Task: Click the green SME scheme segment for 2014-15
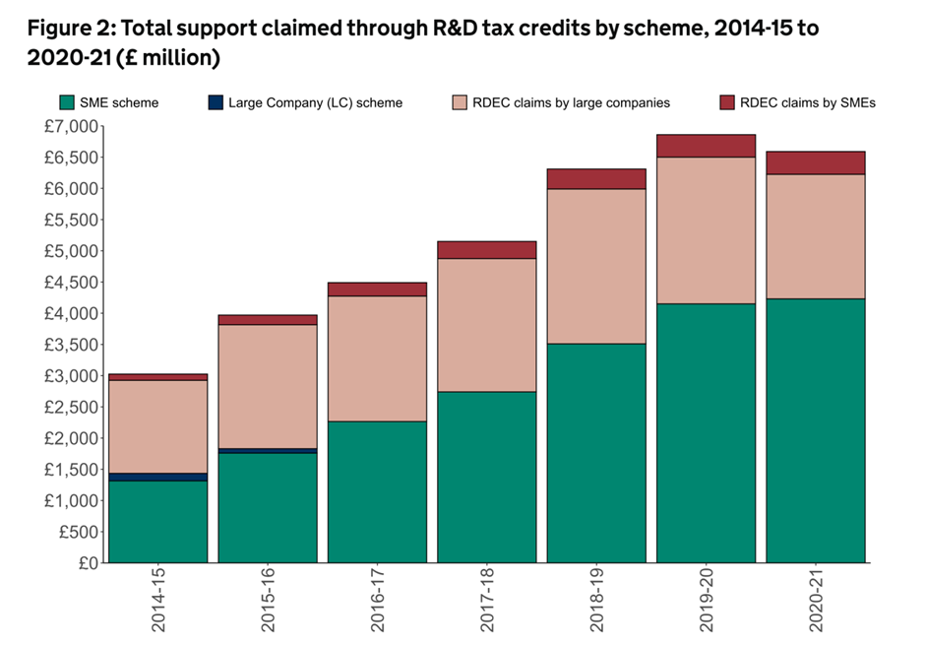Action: (158, 522)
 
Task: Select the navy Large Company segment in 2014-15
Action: (158, 477)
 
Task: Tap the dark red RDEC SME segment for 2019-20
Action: (706, 146)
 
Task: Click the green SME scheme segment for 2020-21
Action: (815, 430)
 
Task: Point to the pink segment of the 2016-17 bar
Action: (377, 358)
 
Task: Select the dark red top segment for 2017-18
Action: (487, 250)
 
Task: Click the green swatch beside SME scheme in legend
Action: (67, 102)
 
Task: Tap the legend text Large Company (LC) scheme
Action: (315, 102)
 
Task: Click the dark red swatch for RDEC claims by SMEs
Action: (727, 102)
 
